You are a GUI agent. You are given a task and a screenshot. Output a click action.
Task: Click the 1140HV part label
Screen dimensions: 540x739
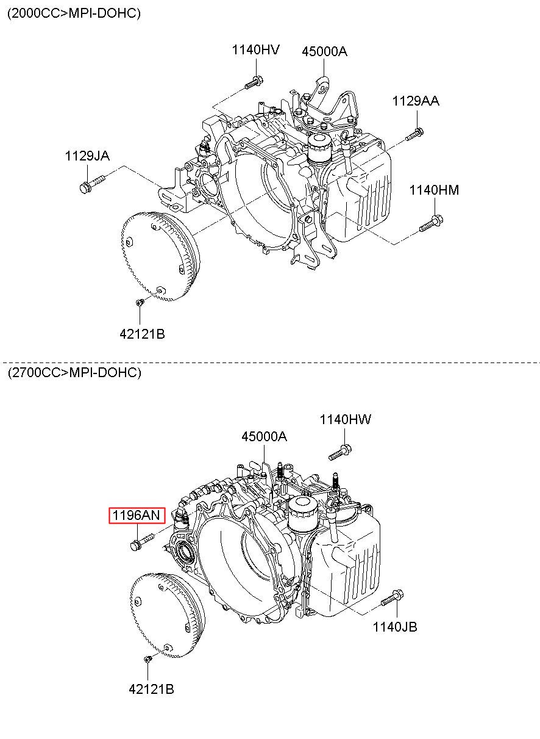pos(255,50)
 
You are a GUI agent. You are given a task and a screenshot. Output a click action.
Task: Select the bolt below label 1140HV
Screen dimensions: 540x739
pos(254,82)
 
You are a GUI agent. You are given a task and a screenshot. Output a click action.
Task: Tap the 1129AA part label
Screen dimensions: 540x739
pos(416,101)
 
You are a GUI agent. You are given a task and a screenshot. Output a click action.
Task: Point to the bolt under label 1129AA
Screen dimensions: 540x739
pos(414,134)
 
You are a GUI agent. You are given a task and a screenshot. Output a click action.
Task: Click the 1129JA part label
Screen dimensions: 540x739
pos(87,156)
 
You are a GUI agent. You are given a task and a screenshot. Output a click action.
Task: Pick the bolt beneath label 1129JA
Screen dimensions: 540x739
pos(92,184)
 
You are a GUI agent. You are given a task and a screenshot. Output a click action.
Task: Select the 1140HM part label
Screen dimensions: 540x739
pos(434,190)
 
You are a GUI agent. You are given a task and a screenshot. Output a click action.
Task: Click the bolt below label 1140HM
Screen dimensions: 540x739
pos(431,223)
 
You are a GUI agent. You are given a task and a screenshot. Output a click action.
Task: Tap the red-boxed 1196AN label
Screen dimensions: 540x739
pos(137,515)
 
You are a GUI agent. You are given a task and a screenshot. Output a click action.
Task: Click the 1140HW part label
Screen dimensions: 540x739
pos(346,419)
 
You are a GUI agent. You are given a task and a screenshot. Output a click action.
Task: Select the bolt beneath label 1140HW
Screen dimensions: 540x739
pos(340,452)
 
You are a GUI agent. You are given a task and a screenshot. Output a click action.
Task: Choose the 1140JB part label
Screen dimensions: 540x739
pos(395,627)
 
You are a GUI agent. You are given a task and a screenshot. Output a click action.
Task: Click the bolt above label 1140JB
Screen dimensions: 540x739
pos(392,598)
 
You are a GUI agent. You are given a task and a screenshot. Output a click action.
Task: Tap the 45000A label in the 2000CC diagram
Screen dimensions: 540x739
pos(324,51)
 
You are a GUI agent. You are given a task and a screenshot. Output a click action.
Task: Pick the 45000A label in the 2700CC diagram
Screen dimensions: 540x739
pos(265,437)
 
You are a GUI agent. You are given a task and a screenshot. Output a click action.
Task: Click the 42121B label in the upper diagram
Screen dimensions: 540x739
pos(142,334)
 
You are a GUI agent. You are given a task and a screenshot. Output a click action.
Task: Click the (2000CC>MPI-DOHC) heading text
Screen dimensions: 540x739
pos(74,13)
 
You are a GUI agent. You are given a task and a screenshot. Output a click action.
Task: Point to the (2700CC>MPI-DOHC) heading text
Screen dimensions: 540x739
pos(74,372)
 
